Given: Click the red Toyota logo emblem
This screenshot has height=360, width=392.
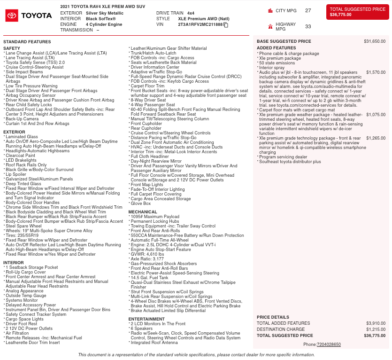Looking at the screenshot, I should [x=12, y=16].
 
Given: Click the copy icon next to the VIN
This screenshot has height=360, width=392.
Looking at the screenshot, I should [x=226, y=24].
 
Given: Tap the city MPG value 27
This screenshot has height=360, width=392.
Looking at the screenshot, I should [x=308, y=10].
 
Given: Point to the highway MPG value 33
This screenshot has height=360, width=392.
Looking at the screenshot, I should [x=308, y=27].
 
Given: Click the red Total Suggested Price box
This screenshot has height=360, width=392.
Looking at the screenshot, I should [x=357, y=12].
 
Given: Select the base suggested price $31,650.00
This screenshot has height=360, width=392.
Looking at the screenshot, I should [x=375, y=41].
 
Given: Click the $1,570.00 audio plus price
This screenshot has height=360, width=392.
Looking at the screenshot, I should [x=376, y=72].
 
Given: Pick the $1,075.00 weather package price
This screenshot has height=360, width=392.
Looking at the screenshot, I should [x=376, y=114].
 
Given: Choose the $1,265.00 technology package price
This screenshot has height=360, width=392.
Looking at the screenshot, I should [x=376, y=138].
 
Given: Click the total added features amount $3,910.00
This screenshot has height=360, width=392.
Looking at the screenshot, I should [x=376, y=323].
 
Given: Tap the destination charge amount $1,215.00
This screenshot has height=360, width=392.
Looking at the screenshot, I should [x=376, y=329].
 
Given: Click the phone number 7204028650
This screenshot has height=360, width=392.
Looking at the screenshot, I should [x=329, y=344].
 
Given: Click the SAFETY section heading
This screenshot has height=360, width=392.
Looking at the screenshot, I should [x=12, y=48].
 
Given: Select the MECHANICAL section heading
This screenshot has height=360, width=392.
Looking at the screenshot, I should [x=143, y=212].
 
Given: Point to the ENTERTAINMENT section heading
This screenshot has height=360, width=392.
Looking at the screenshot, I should [x=146, y=319].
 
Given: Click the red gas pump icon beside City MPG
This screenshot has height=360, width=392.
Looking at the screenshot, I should [x=270, y=10].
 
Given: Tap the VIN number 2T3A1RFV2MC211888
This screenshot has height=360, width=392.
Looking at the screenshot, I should [x=200, y=24].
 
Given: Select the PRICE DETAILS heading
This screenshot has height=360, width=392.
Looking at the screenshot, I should [x=273, y=317].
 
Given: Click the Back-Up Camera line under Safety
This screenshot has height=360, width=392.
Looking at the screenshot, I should [x=22, y=119].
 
